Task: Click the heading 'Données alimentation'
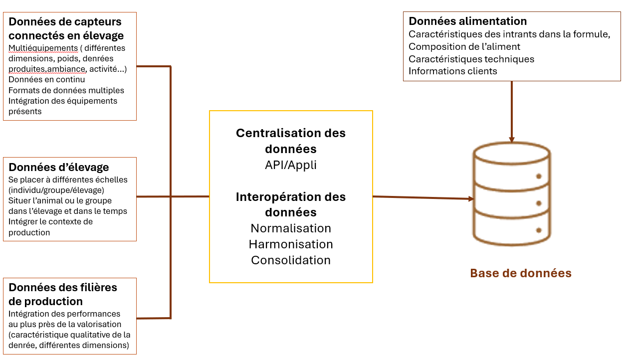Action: (x=467, y=21)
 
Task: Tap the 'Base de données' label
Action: (x=521, y=273)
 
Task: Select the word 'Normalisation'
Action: (x=291, y=228)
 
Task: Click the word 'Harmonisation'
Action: (x=291, y=244)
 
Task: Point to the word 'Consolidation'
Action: (x=291, y=260)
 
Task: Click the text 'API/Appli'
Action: (x=291, y=165)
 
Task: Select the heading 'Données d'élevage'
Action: (x=59, y=167)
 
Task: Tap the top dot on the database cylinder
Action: (x=539, y=176)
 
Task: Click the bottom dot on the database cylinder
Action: (x=539, y=230)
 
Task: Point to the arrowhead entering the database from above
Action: (x=512, y=140)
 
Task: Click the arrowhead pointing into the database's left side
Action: (x=471, y=199)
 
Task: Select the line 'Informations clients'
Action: (x=452, y=71)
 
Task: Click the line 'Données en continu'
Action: (x=46, y=79)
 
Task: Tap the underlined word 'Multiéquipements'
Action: (x=43, y=48)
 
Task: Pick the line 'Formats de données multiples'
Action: (x=66, y=90)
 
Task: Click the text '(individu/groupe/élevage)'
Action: (x=56, y=190)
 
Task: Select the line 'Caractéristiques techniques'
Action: (x=471, y=59)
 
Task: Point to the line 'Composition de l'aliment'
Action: (x=464, y=47)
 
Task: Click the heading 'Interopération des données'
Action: (x=291, y=204)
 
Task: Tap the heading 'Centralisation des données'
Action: (x=291, y=141)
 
